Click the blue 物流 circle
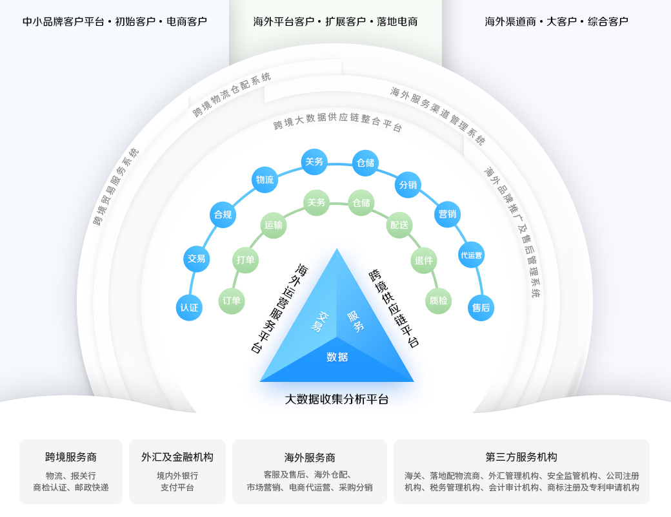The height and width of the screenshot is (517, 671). point(265,180)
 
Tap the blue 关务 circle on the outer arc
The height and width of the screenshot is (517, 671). point(314,162)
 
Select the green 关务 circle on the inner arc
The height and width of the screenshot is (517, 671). point(316,202)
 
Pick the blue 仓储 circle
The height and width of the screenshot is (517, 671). point(365,163)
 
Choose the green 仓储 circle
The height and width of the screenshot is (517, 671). point(361,203)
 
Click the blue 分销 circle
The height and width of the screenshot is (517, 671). point(408,185)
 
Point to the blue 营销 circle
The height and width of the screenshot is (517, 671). point(447,214)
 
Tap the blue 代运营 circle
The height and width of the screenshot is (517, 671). point(471,255)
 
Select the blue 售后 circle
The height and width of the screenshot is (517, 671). point(481,308)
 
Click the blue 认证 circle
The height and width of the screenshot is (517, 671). point(189,308)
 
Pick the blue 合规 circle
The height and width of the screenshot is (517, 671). point(223,215)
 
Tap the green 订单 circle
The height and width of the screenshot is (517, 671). point(232,301)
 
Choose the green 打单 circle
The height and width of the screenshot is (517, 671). point(246,260)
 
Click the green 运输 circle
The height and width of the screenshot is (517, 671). point(274,225)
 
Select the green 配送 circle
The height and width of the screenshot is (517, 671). point(399,225)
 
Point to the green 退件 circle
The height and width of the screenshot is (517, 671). point(424,260)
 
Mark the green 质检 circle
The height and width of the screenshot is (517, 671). point(438,301)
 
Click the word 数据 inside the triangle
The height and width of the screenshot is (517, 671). point(337,357)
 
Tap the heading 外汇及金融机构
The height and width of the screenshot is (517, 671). point(177,457)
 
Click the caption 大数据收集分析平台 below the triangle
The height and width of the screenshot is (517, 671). point(337,399)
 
